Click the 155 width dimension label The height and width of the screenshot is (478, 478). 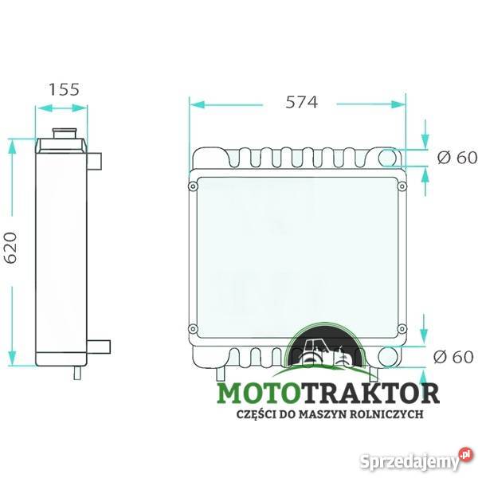[64, 88]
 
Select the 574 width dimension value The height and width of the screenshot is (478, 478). [302, 102]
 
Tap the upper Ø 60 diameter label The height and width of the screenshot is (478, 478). [457, 158]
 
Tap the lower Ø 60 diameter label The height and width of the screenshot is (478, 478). [457, 356]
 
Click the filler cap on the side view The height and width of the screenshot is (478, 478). [62, 131]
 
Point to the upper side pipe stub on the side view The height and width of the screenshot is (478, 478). [95, 161]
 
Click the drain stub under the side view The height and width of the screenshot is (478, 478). [76, 370]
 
